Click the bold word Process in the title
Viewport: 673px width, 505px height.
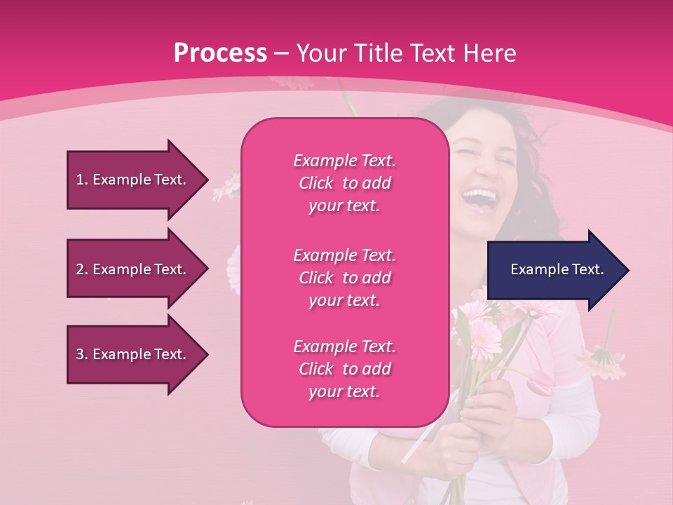[x=220, y=53]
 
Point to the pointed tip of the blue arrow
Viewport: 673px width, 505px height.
[x=626, y=270]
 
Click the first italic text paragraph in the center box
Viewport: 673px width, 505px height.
[x=344, y=183]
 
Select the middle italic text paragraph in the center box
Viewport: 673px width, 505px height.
[x=344, y=278]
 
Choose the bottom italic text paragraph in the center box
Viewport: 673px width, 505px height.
[x=344, y=369]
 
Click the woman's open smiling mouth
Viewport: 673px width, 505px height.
[x=480, y=198]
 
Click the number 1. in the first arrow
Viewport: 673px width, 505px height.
[x=82, y=180]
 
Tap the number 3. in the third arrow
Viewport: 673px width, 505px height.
[x=82, y=354]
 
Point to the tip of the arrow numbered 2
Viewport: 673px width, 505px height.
[x=205, y=269]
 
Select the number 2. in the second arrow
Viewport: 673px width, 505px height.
[x=82, y=269]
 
